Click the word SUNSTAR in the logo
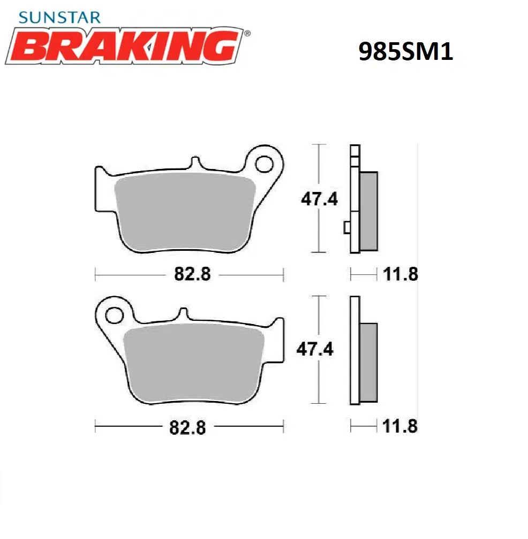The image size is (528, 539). [x=59, y=17]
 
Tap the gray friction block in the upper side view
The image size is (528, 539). [x=368, y=211]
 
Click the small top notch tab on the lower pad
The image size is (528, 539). [x=183, y=313]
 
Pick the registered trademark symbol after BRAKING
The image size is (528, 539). [x=246, y=33]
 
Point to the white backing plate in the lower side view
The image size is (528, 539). [x=354, y=350]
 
